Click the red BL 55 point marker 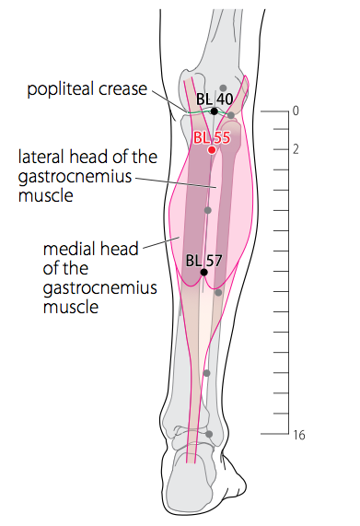coord(212,150)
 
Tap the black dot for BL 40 coord(215,111)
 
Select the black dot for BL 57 coord(203,272)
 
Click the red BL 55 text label coord(212,137)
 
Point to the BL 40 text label coord(215,99)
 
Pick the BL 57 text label coord(203,261)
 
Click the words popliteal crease coord(87,89)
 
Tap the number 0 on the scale coord(296,111)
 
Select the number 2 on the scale coord(296,149)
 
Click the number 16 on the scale coord(299,435)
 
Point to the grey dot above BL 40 coord(223,88)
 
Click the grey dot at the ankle coord(209,434)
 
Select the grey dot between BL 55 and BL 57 coord(208,210)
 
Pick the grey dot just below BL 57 coord(218,293)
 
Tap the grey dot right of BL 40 coord(231,115)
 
